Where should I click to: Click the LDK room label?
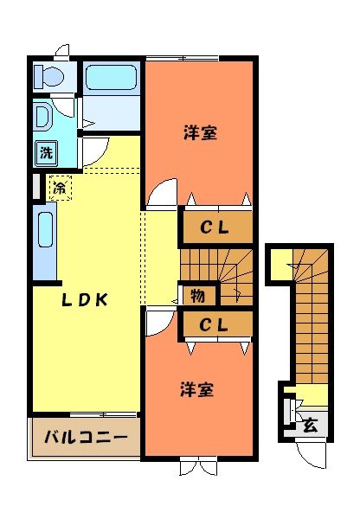tap(83, 300)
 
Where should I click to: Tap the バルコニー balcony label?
tap(86, 437)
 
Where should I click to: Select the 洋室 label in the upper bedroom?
tap(199, 133)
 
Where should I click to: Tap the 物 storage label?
tap(197, 296)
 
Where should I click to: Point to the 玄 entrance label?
tap(310, 425)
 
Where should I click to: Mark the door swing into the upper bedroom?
tap(162, 195)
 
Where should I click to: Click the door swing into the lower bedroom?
tap(159, 324)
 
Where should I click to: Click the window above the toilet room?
tap(61, 50)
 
